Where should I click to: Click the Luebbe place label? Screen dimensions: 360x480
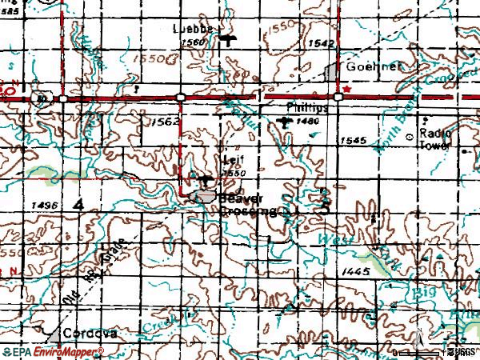click(194, 28)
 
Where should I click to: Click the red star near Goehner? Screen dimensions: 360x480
click(347, 90)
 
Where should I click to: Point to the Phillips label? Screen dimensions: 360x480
click(307, 106)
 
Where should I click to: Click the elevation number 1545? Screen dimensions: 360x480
click(353, 141)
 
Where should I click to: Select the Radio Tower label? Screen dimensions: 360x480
click(435, 141)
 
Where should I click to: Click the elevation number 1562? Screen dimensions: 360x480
click(164, 121)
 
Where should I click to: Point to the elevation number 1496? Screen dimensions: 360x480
click(47, 206)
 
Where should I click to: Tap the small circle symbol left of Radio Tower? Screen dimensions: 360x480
click(411, 138)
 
